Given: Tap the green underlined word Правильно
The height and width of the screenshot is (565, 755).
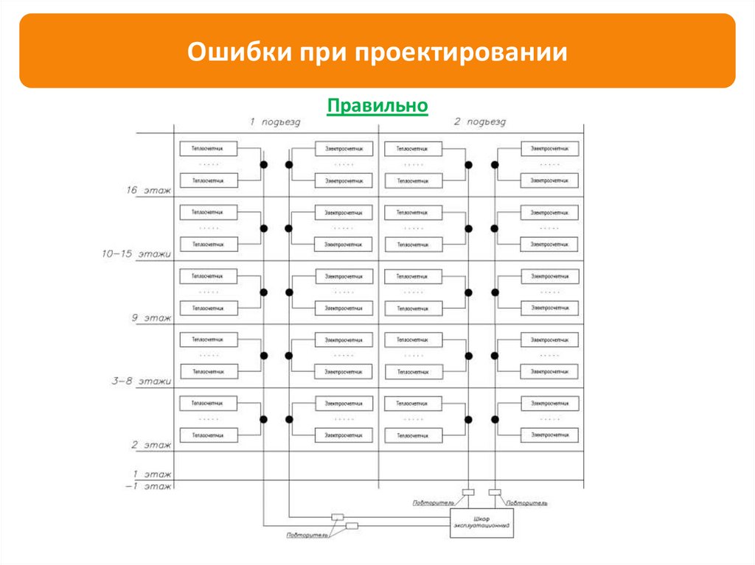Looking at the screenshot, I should [x=377, y=105].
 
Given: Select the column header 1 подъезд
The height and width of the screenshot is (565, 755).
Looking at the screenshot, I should [x=275, y=122].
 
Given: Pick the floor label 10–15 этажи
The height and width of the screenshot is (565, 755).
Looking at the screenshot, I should [x=136, y=254].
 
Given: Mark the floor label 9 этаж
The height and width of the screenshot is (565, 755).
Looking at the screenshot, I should [x=151, y=318].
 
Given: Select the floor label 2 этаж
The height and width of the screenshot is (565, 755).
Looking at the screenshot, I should [x=151, y=445].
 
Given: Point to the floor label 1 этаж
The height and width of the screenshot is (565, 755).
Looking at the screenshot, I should [x=152, y=474].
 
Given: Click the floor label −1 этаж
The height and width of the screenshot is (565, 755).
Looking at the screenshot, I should [x=147, y=486].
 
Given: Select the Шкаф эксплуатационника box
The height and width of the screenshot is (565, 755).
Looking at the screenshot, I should [x=482, y=523].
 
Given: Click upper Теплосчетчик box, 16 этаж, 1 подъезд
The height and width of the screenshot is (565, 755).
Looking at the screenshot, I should [x=208, y=148].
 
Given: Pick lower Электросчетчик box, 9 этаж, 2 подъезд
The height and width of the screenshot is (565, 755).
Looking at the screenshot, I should [x=550, y=308].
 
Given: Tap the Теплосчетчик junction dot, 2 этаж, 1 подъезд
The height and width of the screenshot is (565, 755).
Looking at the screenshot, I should [x=263, y=419].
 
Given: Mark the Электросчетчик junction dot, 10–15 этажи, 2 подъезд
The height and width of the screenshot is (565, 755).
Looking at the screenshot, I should [x=495, y=228].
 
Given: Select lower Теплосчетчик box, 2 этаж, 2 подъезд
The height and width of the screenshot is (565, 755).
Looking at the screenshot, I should [x=414, y=435].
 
